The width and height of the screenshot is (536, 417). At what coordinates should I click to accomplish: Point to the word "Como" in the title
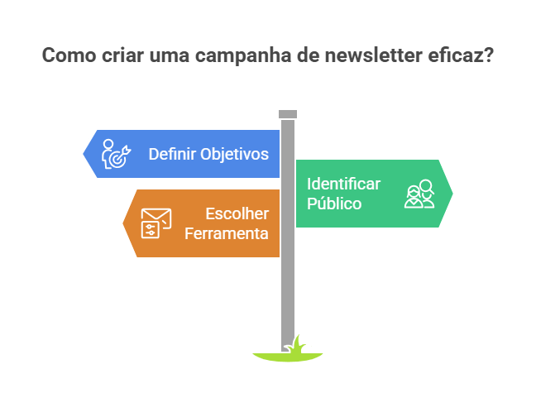(x=63, y=56)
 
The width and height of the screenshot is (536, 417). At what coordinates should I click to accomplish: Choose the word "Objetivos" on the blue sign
(x=235, y=154)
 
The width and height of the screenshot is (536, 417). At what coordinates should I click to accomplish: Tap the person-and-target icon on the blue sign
(x=114, y=154)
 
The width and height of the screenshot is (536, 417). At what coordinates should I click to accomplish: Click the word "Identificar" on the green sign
(x=344, y=184)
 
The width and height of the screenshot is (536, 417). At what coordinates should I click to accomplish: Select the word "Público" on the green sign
(x=334, y=204)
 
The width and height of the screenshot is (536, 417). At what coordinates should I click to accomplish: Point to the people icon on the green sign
(x=419, y=194)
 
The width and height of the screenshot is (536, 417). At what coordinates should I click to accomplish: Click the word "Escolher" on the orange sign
(x=237, y=213)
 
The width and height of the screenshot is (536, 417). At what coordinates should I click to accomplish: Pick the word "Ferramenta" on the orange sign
(x=227, y=233)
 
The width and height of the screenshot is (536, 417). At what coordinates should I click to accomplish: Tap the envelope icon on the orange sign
(x=155, y=223)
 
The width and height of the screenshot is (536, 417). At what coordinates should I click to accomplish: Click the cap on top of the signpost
(x=288, y=114)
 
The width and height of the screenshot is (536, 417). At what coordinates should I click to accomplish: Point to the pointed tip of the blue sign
(x=84, y=154)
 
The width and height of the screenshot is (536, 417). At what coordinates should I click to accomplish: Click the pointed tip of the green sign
(x=452, y=194)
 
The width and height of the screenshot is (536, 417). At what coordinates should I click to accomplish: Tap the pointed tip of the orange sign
(x=124, y=223)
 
